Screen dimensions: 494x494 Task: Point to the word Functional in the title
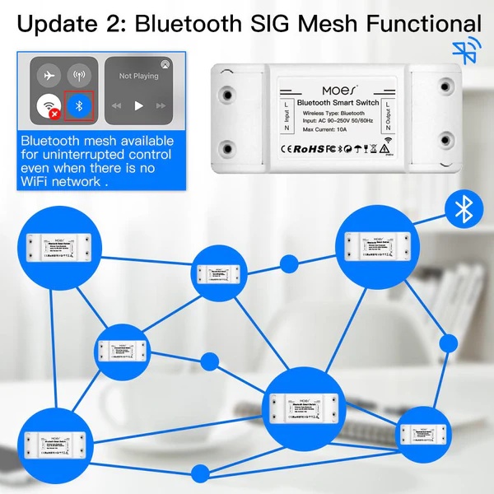tap(420, 26)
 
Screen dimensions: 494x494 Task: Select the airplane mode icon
tap(49, 75)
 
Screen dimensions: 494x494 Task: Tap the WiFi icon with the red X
tap(49, 106)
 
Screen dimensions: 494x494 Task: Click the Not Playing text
tap(138, 76)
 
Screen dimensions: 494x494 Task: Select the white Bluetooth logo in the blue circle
tap(464, 211)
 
